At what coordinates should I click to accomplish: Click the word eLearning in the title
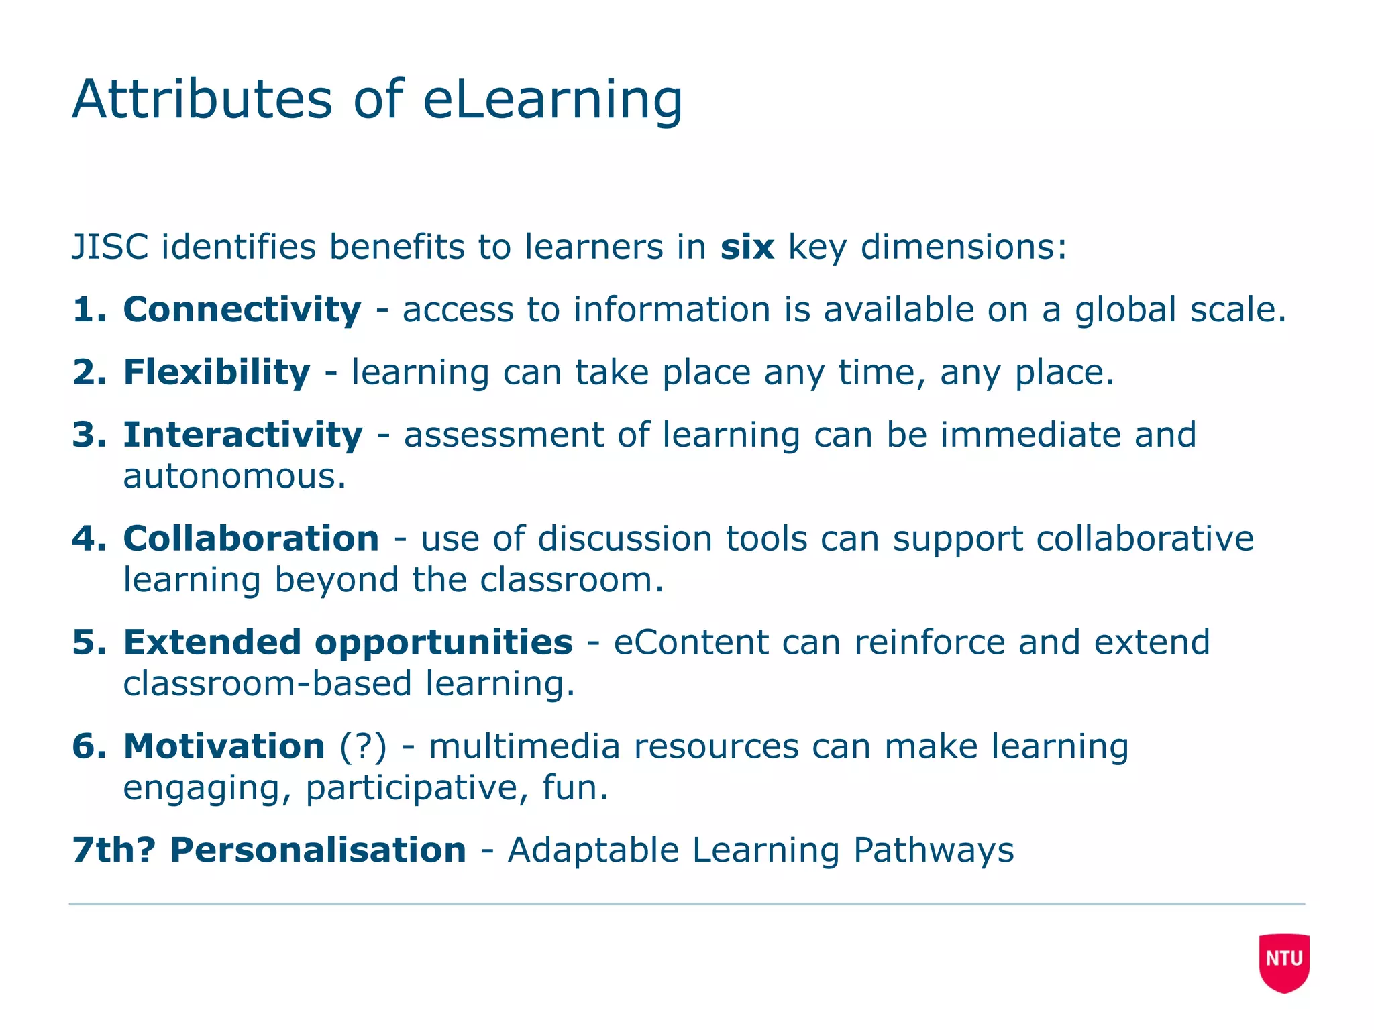coord(552,101)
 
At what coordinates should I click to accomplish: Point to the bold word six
coord(747,247)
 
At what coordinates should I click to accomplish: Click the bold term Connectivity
coord(242,310)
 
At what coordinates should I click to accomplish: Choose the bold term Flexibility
coord(217,373)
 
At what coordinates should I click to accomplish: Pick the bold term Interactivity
coord(243,435)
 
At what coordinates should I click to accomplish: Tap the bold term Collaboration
coord(252,538)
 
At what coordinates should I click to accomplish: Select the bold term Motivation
coord(224,746)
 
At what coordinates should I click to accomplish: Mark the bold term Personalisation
coord(318,850)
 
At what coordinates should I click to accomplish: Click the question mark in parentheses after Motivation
coord(364,746)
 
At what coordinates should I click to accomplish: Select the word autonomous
coord(235,477)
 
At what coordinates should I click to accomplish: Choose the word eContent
coord(690,642)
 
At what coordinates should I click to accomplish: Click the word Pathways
coord(933,850)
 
